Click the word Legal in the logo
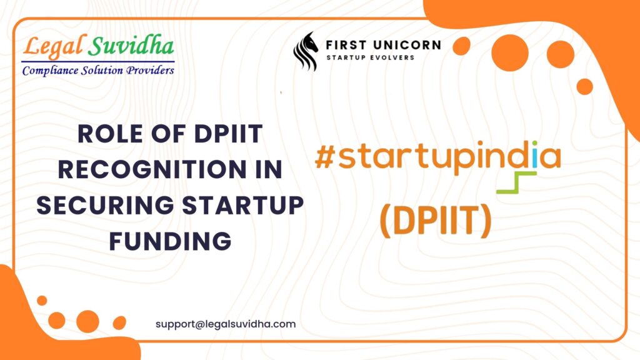pyautogui.click(x=54, y=46)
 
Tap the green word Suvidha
pyautogui.click(x=131, y=45)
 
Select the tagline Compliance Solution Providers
pyautogui.click(x=98, y=71)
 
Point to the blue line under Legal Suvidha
pyautogui.click(x=98, y=62)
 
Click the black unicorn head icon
pyautogui.click(x=305, y=51)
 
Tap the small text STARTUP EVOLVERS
pyautogui.click(x=370, y=57)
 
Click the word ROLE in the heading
pyautogui.click(x=110, y=134)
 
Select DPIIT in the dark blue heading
pyautogui.click(x=228, y=134)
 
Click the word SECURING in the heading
pyautogui.click(x=105, y=205)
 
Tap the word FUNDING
pyautogui.click(x=170, y=241)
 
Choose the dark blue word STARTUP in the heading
pyautogui.click(x=242, y=205)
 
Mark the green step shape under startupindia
pyautogui.click(x=516, y=182)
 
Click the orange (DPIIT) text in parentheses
pyautogui.click(x=436, y=221)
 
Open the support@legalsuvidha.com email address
pyautogui.click(x=226, y=324)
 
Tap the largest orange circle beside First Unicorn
pyautogui.click(x=510, y=53)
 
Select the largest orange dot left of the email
pyautogui.click(x=87, y=321)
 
